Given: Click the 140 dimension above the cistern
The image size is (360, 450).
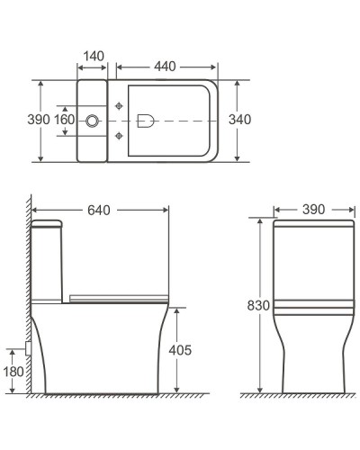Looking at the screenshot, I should click(x=92, y=56).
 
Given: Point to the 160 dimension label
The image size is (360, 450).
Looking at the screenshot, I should click(x=64, y=120).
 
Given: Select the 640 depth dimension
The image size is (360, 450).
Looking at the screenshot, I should click(x=101, y=210).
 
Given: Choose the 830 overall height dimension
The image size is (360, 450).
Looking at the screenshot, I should click(x=258, y=305).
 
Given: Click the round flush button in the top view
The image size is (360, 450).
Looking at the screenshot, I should click(x=92, y=120).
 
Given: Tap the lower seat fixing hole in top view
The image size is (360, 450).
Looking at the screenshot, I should click(x=120, y=136).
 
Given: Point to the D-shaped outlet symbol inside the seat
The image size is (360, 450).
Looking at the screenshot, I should click(x=147, y=120).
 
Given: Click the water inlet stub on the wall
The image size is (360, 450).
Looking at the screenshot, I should click(x=31, y=346).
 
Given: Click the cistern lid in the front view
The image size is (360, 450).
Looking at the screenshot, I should click(x=310, y=222).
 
